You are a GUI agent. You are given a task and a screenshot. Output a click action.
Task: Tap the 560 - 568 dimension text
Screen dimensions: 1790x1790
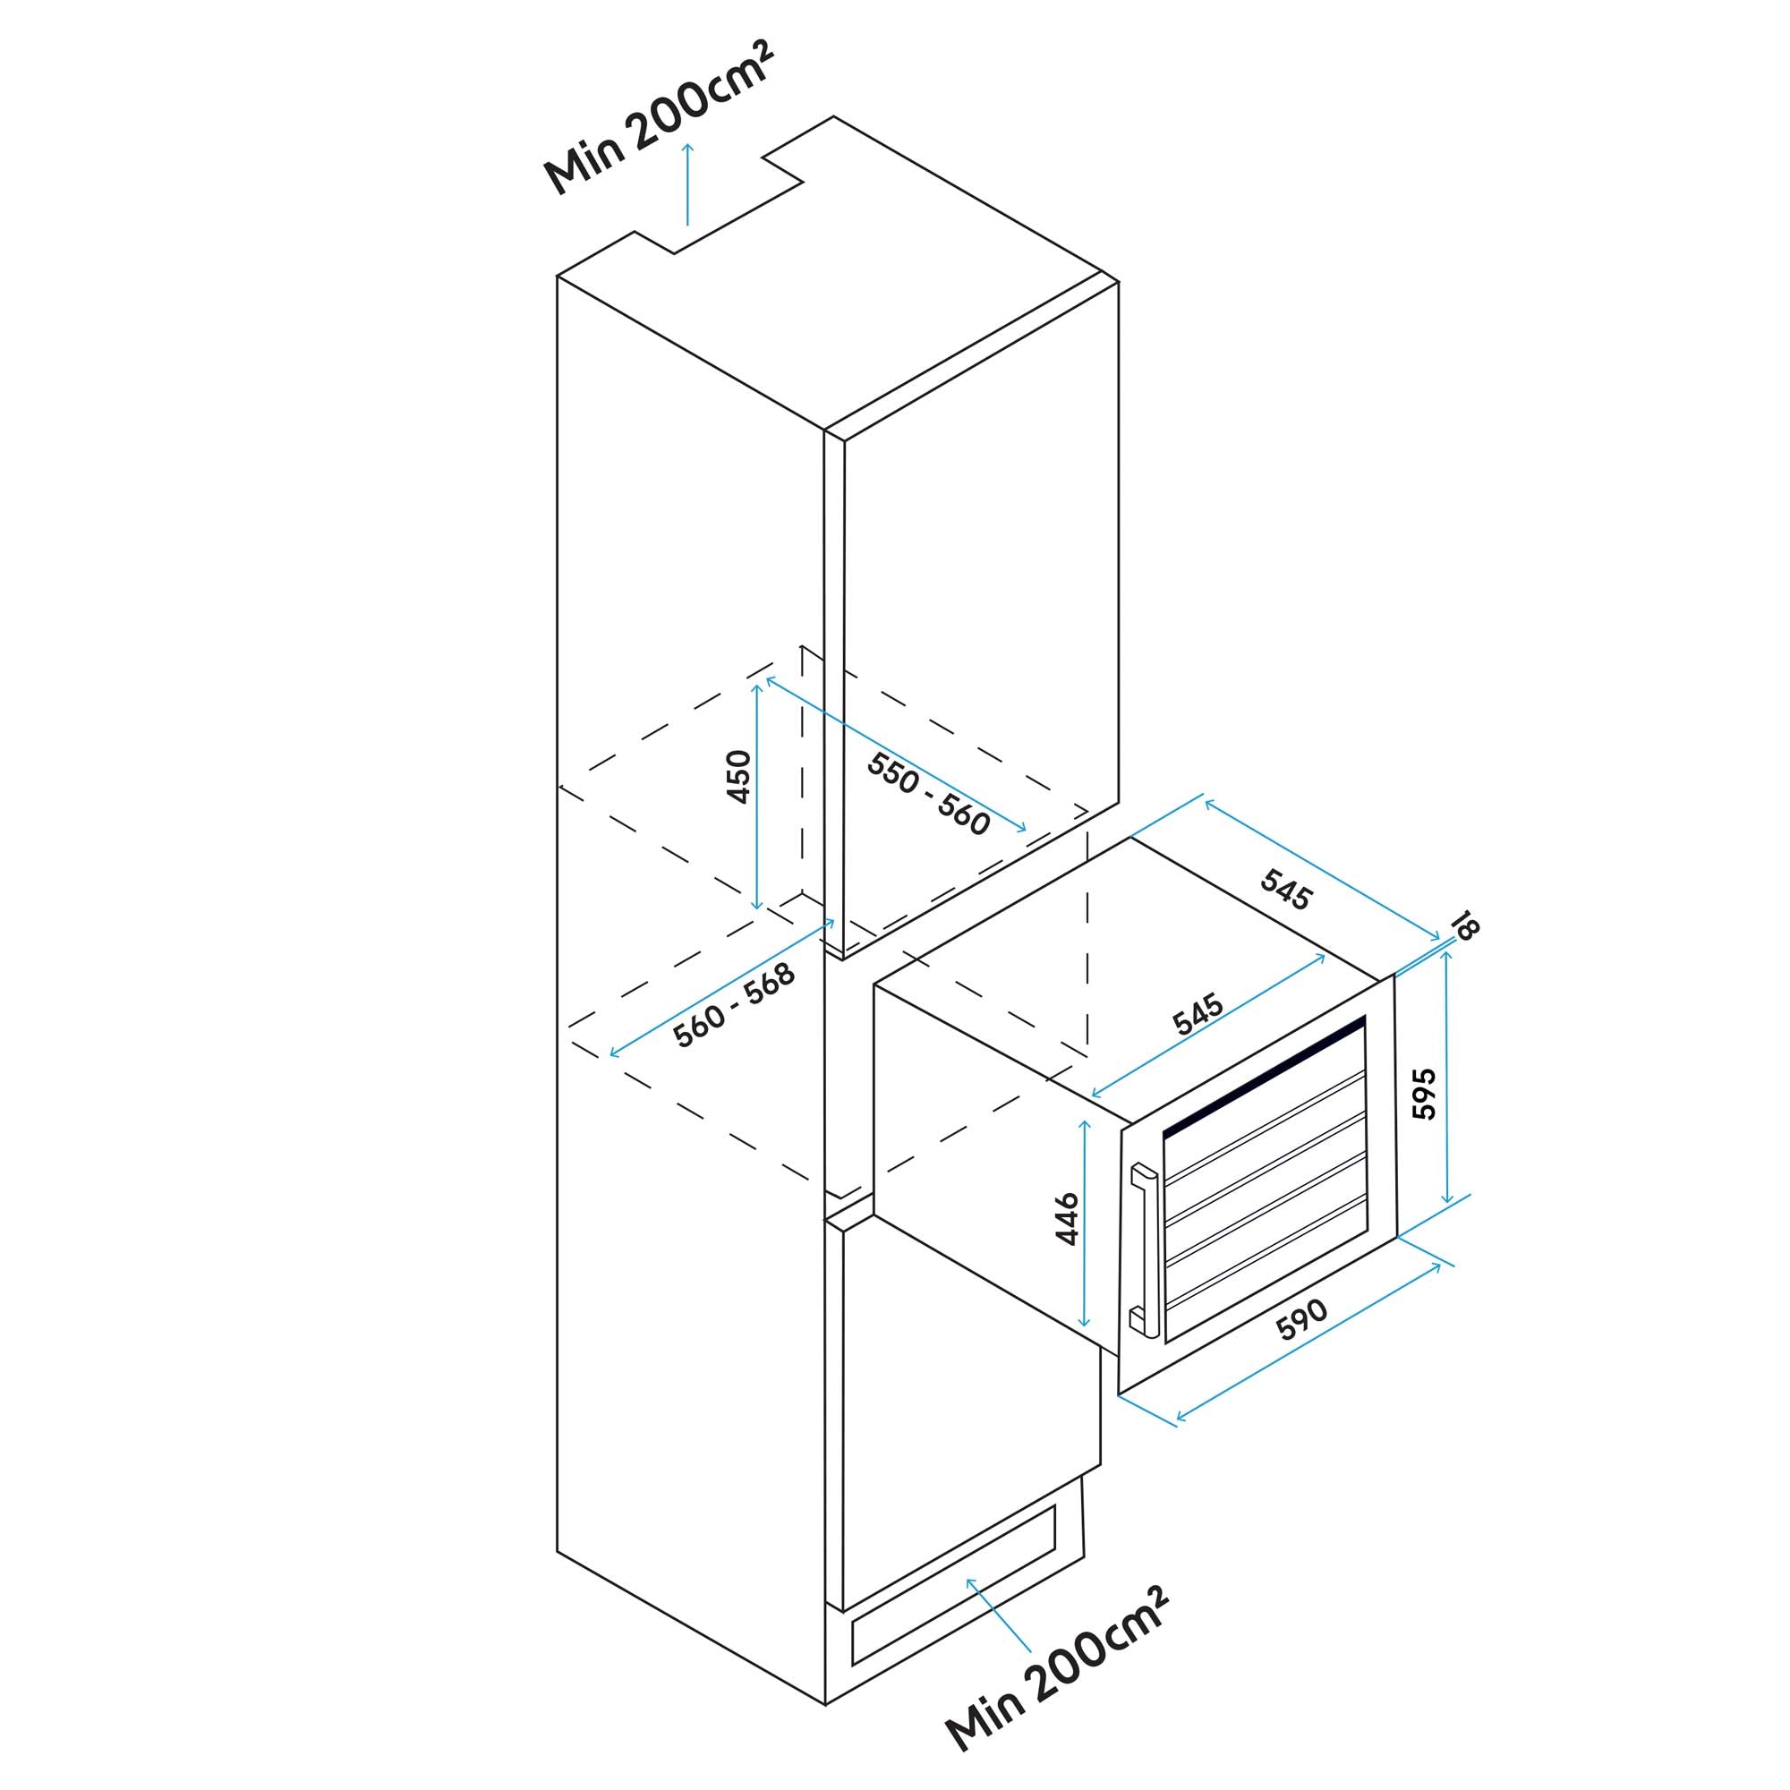click(x=734, y=1005)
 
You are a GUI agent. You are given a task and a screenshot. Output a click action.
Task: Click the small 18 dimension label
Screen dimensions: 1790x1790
click(x=1465, y=926)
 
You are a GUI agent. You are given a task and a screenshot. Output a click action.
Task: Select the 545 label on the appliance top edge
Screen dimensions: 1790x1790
click(x=1286, y=891)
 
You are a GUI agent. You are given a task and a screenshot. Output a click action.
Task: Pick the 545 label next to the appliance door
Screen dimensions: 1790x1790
click(x=1198, y=1014)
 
